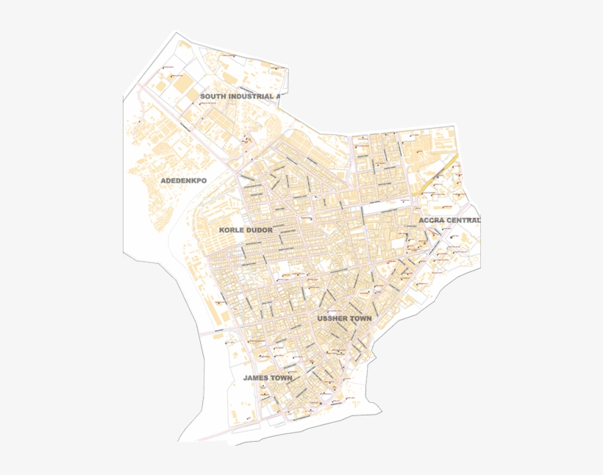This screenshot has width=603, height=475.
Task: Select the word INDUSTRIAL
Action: [251, 96]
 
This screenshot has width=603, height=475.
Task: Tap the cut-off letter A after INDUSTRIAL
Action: [278, 96]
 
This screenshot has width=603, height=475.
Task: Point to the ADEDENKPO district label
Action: [184, 180]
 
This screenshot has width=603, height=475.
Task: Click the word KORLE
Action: [232, 230]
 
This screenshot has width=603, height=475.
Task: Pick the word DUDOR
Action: [260, 230]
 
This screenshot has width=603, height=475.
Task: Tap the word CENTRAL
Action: [463, 220]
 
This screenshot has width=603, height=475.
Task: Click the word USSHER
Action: [333, 318]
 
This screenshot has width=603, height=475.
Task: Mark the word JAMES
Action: [257, 378]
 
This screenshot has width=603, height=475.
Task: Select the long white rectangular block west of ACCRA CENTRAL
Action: [382, 209]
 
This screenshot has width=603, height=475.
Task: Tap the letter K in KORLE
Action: [221, 230]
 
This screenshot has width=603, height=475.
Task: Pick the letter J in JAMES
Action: [246, 378]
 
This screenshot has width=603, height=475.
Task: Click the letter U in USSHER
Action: [320, 318]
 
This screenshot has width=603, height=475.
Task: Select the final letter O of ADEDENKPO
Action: [204, 180]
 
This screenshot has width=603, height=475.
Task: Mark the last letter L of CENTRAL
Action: [478, 220]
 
